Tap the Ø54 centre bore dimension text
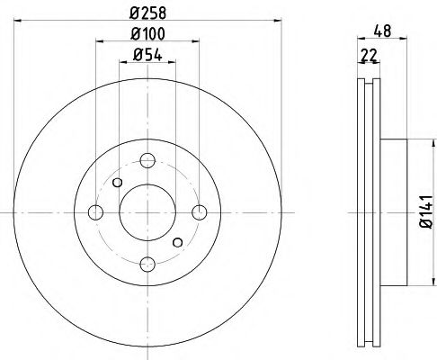[x=147, y=56]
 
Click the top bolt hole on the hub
[x=148, y=160]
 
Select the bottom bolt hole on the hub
[x=148, y=264]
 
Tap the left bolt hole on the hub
[x=96, y=212]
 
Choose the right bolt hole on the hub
[x=200, y=212]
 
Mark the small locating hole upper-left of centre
[x=117, y=182]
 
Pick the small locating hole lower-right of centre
[x=178, y=241]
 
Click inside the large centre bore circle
[x=148, y=212]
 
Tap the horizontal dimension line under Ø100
[x=147, y=44]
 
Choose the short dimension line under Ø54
[x=147, y=64]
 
